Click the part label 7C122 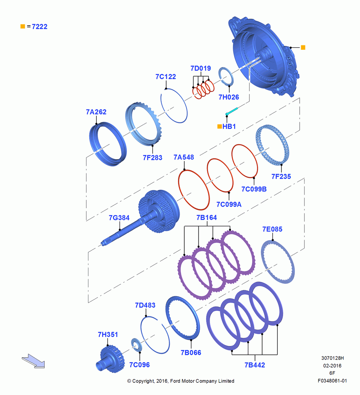pos(166,77)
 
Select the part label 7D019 pos(201,68)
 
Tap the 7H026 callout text pos(229,97)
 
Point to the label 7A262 pos(96,112)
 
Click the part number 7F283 pos(152,158)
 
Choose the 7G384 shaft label pos(119,218)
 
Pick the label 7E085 pos(272,229)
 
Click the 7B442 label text pos(255,365)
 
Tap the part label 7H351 pos(108,335)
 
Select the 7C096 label pos(139,365)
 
